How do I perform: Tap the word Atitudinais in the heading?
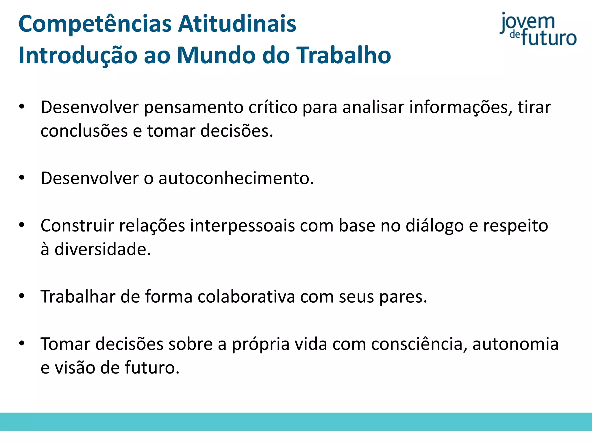coord(237,24)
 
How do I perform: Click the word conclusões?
coord(84,131)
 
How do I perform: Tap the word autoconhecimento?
coord(236,178)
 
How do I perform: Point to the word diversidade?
coord(103,249)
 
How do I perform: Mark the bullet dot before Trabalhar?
coord(22,296)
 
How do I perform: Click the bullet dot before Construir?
coord(22,225)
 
